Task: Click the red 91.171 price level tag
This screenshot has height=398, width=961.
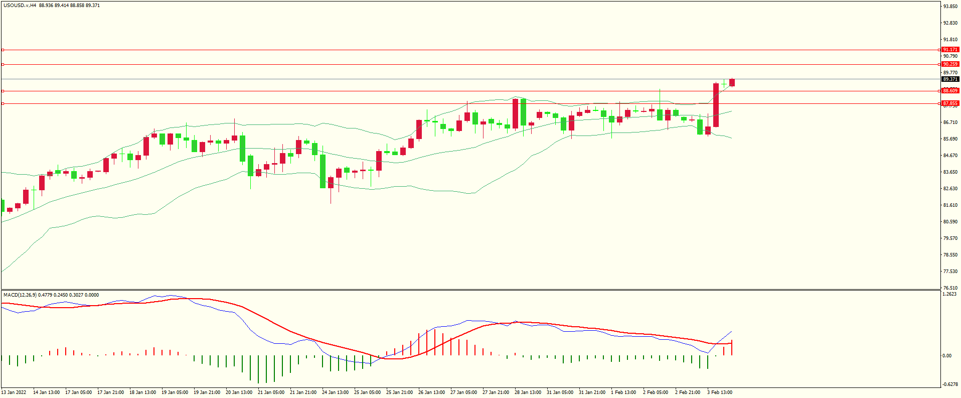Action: [950, 50]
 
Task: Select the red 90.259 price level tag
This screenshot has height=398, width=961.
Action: [950, 64]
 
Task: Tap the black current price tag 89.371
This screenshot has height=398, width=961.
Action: [950, 79]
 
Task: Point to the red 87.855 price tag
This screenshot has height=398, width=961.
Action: [950, 103]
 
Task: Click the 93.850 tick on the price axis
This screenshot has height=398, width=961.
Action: [950, 7]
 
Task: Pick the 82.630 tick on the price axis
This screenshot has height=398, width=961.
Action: [950, 189]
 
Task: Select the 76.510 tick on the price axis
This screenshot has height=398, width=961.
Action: [950, 288]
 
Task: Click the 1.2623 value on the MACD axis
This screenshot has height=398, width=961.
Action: [949, 294]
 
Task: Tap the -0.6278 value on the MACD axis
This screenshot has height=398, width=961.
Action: [949, 384]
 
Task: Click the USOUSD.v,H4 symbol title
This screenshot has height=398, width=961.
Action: [20, 6]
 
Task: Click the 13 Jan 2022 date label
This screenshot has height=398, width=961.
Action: [14, 392]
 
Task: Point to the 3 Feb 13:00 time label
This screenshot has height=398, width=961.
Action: [719, 392]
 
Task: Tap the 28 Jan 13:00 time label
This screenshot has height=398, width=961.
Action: [528, 392]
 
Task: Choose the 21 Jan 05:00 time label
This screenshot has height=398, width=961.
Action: [271, 392]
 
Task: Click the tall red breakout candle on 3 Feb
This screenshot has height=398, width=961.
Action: [716, 105]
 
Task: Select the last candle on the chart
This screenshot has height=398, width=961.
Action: [732, 82]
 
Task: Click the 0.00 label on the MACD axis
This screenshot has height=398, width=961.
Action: [946, 356]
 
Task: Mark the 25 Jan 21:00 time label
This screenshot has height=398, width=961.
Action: [399, 392]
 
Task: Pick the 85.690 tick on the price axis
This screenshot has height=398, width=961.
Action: [950, 139]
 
